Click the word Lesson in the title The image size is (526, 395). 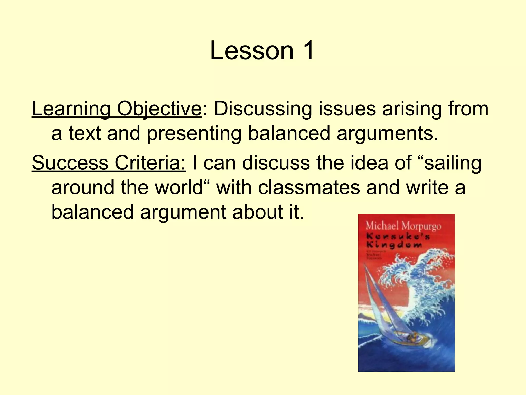252,51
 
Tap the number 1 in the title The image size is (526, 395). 307,51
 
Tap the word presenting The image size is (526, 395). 194,133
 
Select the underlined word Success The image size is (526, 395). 70,163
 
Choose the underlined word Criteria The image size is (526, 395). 150,163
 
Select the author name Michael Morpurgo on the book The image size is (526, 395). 403,226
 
